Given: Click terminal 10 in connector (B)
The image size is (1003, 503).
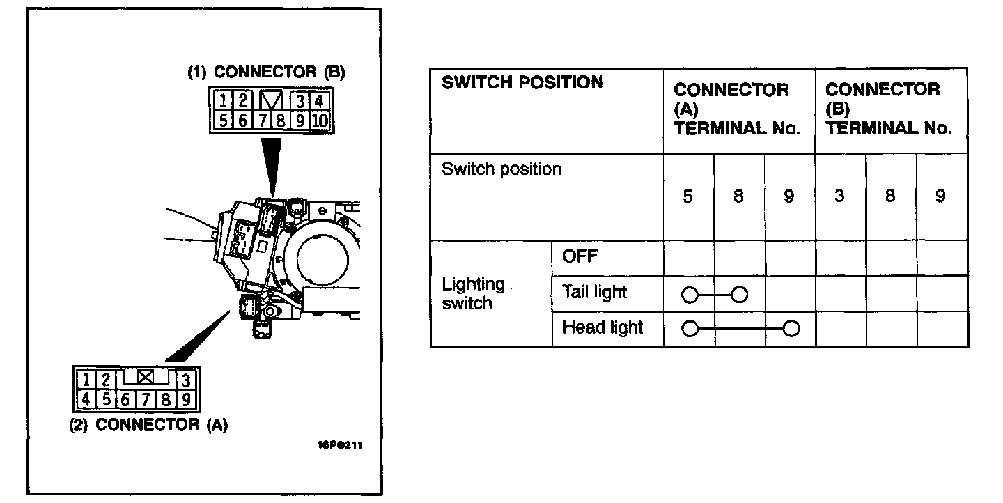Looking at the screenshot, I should (x=320, y=121).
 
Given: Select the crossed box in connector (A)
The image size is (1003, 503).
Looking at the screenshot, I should (x=145, y=378).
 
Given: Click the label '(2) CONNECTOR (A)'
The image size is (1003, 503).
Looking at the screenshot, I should (x=148, y=424).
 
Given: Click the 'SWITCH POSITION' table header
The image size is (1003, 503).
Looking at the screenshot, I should (x=522, y=82).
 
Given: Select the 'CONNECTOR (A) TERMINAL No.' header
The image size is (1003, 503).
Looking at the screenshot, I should (x=737, y=109).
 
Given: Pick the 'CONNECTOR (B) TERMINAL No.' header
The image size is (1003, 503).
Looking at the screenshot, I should (x=889, y=109).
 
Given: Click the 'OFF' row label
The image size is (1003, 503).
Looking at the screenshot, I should (x=580, y=256).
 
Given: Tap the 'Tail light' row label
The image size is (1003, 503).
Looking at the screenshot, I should (x=594, y=293).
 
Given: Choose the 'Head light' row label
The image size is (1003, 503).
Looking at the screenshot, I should (x=602, y=327).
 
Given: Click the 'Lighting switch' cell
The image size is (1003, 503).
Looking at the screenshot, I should (x=474, y=293).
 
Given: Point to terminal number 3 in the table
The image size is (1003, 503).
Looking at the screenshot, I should (x=839, y=196).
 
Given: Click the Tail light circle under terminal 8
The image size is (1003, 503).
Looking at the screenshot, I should (x=740, y=295).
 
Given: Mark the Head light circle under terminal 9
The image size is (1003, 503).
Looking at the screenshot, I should (x=791, y=329).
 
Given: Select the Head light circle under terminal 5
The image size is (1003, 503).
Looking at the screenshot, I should (x=690, y=329).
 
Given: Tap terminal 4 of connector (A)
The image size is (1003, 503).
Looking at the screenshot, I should (x=86, y=400).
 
